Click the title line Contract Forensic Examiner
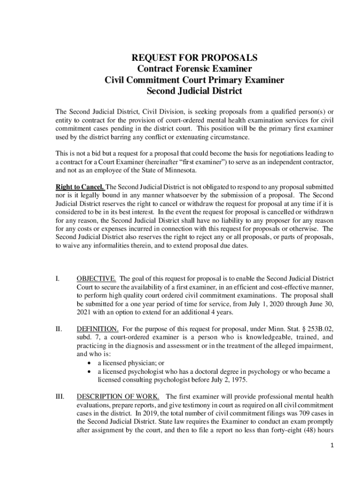[x=194, y=69]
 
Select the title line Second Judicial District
[x=194, y=91]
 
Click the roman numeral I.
[x=57, y=279]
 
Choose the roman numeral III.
[x=60, y=396]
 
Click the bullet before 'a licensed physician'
[x=90, y=363]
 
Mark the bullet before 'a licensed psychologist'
[x=90, y=371]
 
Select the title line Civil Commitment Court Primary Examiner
[x=194, y=80]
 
